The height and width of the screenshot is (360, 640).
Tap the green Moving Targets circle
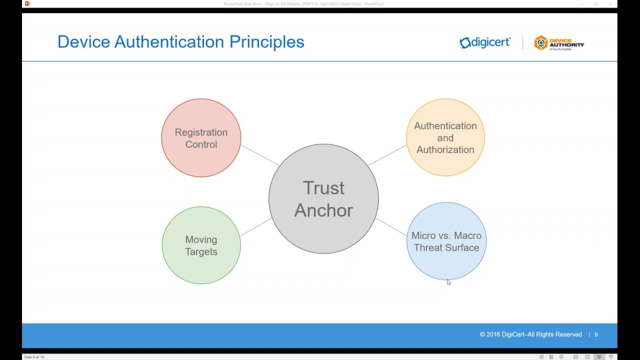coord(201,267)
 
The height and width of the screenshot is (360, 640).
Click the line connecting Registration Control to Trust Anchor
coord(259,155)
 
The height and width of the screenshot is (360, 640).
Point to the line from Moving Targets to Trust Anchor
coord(256,227)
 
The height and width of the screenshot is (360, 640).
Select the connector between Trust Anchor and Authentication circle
coord(387,155)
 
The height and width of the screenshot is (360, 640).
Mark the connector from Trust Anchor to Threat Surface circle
coord(391,226)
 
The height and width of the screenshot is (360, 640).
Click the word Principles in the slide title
coord(266,41)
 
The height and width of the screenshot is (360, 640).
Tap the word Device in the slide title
coord(83,41)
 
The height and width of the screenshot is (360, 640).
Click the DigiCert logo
coord(485,42)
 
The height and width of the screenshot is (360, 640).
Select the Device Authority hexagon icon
coord(540,43)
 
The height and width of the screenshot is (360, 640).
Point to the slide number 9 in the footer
coord(596,334)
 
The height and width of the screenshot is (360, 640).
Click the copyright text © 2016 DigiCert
coord(530,334)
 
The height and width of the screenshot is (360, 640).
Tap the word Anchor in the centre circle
coord(323,210)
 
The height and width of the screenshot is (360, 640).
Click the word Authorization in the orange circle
coord(445,149)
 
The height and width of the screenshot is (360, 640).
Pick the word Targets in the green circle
coord(201,251)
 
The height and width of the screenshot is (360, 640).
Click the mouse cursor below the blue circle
coord(448,282)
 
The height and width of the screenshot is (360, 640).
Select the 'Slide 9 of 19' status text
coord(34,357)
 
